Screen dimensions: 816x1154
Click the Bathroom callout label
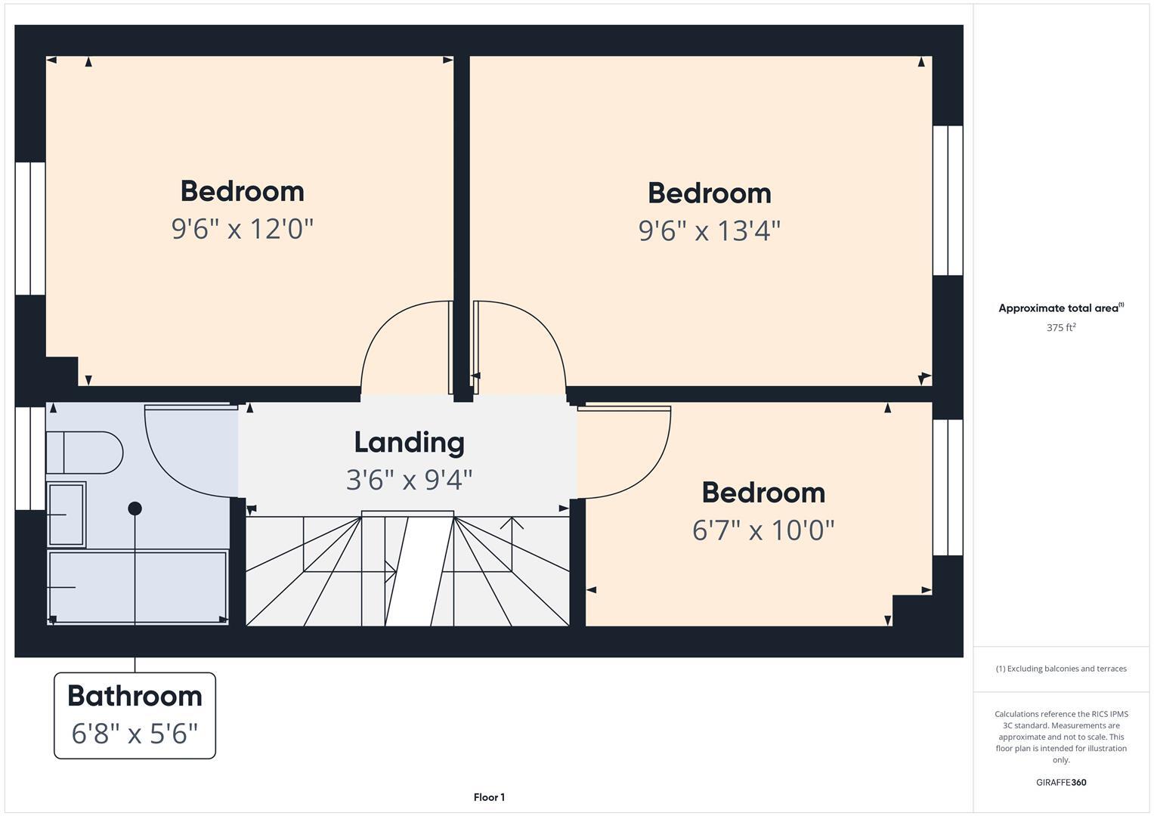tap(135, 696)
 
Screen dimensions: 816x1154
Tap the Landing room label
tap(409, 443)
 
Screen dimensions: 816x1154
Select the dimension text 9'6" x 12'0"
tap(242, 228)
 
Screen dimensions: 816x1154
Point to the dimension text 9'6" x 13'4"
tap(709, 230)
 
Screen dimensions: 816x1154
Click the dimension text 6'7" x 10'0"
tap(763, 530)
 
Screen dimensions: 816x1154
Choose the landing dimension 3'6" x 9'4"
tap(409, 480)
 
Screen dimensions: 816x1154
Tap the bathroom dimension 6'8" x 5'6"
tap(135, 733)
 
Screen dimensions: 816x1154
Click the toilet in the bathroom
tap(83, 453)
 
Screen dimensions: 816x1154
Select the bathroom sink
tap(67, 514)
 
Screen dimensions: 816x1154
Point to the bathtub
tap(137, 587)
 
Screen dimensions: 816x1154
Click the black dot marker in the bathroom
tap(135, 508)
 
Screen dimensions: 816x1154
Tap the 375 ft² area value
tap(1060, 328)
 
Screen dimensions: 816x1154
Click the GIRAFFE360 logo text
tap(1060, 783)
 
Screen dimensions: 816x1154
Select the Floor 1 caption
tap(489, 797)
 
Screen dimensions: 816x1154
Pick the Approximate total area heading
tap(1060, 308)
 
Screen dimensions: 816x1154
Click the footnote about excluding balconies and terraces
tap(1060, 669)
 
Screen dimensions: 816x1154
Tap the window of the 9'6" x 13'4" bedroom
tap(948, 200)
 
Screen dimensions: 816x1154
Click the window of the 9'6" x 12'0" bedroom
tap(30, 228)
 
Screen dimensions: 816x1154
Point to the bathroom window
tap(30, 459)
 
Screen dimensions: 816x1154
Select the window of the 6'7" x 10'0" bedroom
tap(948, 487)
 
